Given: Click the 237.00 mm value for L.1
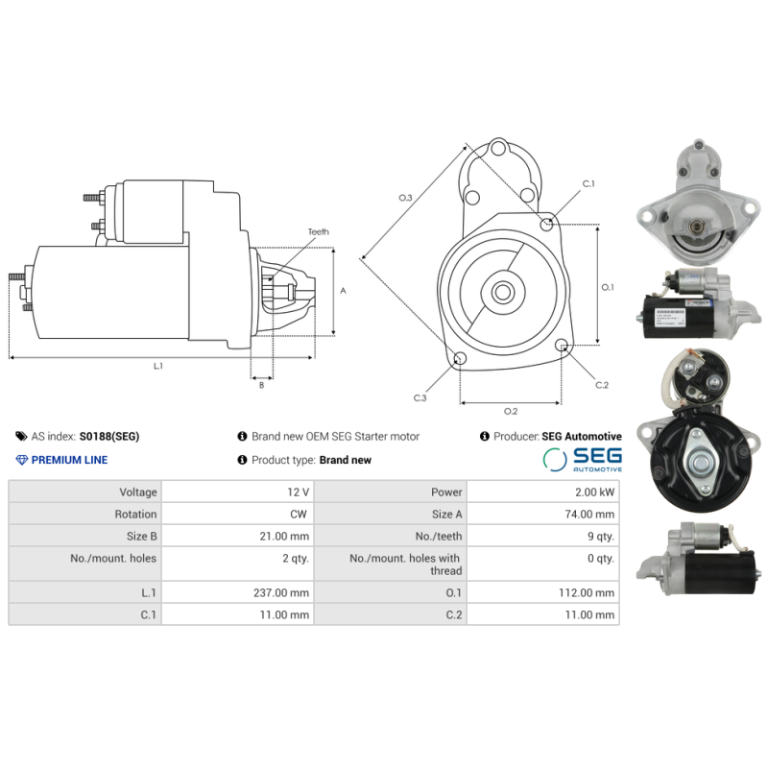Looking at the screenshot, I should click(x=282, y=593).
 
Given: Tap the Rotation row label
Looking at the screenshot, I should click(x=134, y=515).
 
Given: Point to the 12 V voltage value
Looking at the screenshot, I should click(x=298, y=492).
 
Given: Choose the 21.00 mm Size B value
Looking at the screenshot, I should click(x=285, y=537).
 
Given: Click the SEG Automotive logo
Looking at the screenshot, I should click(x=583, y=459).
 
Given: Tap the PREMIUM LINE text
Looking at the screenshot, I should click(x=69, y=460).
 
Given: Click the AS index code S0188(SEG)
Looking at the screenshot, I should click(x=108, y=436).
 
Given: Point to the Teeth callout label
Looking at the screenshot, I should click(x=318, y=232).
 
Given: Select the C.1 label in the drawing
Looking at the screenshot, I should click(x=588, y=183).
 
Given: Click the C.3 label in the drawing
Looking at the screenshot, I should click(x=420, y=397).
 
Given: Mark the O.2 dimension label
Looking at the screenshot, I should click(x=511, y=412).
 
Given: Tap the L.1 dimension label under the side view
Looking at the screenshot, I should click(x=158, y=366).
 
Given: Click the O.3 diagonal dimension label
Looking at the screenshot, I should click(x=405, y=198).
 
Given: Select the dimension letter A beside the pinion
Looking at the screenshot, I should click(x=343, y=290).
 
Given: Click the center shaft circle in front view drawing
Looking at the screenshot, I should click(x=502, y=290).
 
